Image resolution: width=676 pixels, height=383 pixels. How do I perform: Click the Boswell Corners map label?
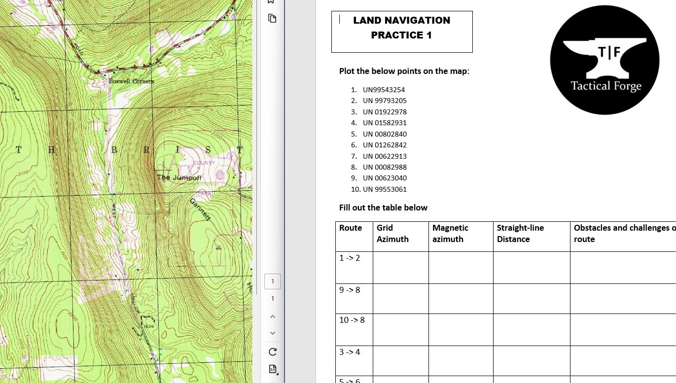(x=131, y=81)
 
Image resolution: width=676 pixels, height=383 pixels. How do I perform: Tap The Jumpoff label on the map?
(x=179, y=177)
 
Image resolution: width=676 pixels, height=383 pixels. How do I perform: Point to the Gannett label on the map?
(x=200, y=209)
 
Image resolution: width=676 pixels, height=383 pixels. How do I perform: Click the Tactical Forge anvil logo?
(x=605, y=60)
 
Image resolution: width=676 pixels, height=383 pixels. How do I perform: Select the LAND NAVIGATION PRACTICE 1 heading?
(x=401, y=28)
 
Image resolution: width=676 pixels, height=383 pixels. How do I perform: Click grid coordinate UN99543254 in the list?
(x=384, y=90)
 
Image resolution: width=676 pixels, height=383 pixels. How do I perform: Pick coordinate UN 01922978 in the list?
(x=385, y=112)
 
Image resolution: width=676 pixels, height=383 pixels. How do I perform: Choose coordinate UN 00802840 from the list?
(x=385, y=134)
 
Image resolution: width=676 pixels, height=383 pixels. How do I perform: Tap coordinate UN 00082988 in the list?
(x=385, y=167)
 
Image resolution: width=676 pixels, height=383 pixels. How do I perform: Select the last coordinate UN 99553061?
(x=385, y=189)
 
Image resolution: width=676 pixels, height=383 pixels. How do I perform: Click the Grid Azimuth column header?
(x=392, y=234)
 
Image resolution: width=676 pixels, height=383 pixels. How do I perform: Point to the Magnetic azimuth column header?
(x=450, y=234)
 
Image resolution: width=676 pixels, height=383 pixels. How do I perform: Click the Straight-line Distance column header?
(x=520, y=234)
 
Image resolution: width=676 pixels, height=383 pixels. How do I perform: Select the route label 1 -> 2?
(x=350, y=258)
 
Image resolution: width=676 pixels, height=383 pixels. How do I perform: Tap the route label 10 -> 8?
(x=352, y=320)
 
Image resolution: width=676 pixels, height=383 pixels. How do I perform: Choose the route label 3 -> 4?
(x=350, y=352)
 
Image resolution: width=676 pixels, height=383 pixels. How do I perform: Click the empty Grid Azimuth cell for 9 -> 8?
(x=400, y=298)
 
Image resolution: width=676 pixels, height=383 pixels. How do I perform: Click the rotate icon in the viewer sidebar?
(x=273, y=351)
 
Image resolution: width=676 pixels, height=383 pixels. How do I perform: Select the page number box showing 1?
(x=273, y=281)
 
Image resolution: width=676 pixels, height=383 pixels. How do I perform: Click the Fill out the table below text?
(x=383, y=208)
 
